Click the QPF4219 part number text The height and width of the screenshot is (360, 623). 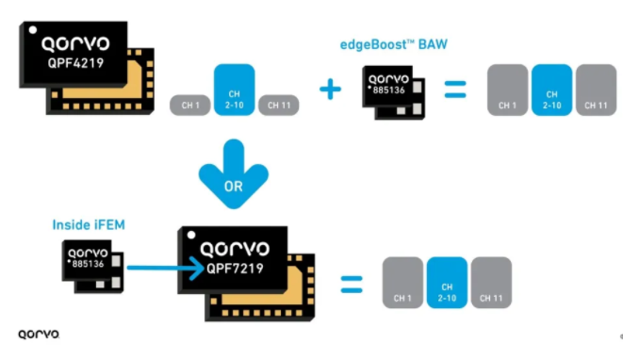[x=75, y=63]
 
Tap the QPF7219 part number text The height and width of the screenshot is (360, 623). [x=235, y=269]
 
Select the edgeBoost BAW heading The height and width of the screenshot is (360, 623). [x=393, y=44]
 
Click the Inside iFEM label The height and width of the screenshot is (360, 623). [x=89, y=224]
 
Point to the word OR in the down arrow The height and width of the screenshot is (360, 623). [x=233, y=186]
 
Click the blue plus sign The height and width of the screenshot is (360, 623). [x=330, y=89]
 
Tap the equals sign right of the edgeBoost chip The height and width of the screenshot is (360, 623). [x=455, y=89]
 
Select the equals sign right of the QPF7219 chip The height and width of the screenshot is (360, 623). [x=352, y=285]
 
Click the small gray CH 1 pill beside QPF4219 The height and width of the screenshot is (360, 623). [x=190, y=106]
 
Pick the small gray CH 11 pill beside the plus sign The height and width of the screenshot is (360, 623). [x=279, y=106]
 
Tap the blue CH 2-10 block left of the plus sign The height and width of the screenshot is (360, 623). [x=234, y=90]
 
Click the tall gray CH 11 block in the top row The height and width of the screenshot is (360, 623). [x=596, y=90]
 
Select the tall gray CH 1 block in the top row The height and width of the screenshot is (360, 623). [x=507, y=90]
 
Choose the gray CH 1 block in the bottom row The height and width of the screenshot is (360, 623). [x=402, y=283]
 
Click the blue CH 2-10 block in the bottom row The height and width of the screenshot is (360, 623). [x=447, y=283]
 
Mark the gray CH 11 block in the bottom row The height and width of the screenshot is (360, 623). [x=491, y=283]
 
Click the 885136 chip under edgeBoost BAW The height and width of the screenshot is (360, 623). [x=393, y=92]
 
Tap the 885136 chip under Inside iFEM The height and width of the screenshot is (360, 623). [x=92, y=266]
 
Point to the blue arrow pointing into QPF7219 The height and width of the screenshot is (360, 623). [x=166, y=269]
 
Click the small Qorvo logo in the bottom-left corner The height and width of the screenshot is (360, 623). [x=39, y=335]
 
